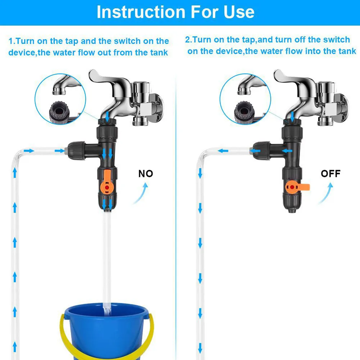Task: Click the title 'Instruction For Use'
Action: click(176, 12)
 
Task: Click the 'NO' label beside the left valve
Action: click(146, 174)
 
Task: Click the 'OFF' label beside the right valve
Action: click(330, 174)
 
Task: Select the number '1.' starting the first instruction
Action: click(12, 41)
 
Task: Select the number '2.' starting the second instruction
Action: click(188, 40)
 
